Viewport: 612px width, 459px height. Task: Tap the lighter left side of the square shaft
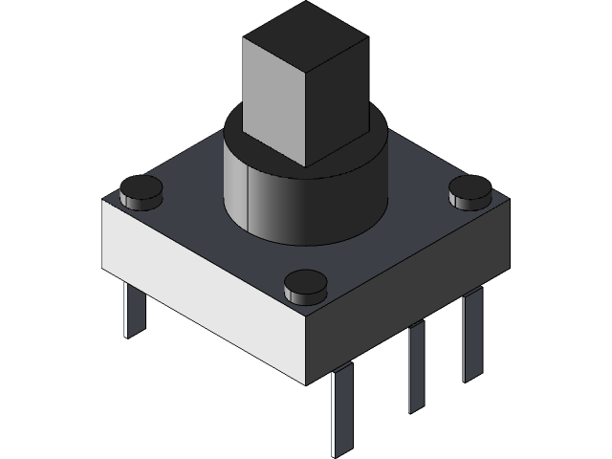pos(273,105)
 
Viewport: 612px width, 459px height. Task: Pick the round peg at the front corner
pos(305,285)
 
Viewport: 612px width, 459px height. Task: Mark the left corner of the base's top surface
pos(103,202)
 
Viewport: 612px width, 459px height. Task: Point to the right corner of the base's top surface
pos(508,200)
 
